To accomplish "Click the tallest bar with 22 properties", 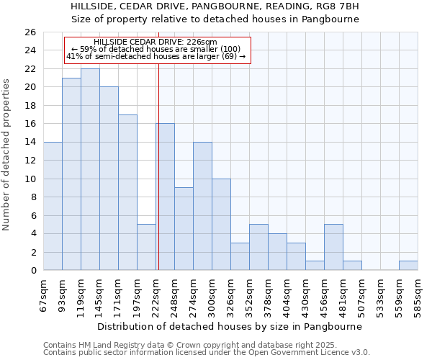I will [x=90, y=169].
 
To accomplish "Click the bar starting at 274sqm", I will [x=202, y=206].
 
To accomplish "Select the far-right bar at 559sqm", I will [x=408, y=265].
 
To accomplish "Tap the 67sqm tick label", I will [x=43, y=295].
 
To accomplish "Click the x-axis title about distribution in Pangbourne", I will [x=230, y=326].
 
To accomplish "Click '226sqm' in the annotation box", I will [x=202, y=42].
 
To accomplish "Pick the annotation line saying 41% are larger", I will [x=156, y=56].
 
